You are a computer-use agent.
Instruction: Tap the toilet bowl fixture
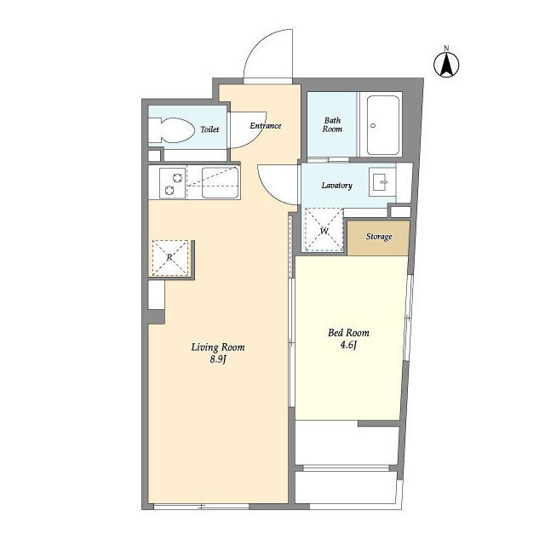pos(171,130)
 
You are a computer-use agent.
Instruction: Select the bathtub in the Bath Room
pos(383,125)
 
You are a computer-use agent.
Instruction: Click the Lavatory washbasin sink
pos(382,182)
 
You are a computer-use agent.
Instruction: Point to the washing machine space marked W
pos(324,229)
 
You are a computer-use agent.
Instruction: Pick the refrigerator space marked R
pos(170,257)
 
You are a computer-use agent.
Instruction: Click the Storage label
pos(379,237)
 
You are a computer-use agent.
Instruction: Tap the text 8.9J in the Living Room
pos(218,359)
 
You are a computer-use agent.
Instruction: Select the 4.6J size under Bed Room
pos(348,345)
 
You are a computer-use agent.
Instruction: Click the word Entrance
pos(266,126)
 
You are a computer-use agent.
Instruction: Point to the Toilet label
pos(209,129)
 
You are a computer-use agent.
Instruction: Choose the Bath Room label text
pos(332,125)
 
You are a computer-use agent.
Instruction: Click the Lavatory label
pos(337,186)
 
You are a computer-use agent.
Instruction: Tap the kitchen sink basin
pos(220,183)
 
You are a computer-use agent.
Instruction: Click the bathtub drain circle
pos(373,125)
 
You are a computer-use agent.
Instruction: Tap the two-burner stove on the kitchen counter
pos(173,183)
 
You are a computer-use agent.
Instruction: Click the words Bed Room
pos(348,333)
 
